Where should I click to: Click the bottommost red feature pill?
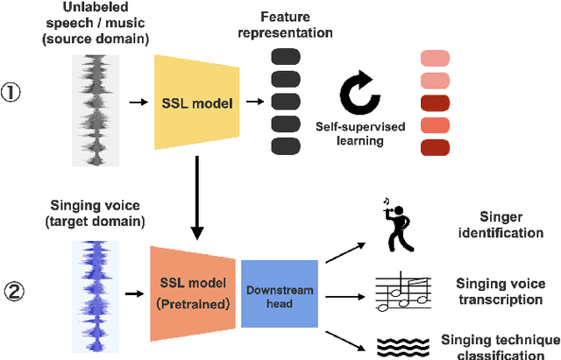pos(435,146)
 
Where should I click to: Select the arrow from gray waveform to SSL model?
pos(136,102)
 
